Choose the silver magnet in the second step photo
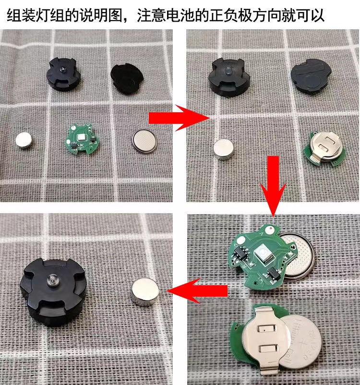(224, 149)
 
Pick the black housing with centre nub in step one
(62, 74)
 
